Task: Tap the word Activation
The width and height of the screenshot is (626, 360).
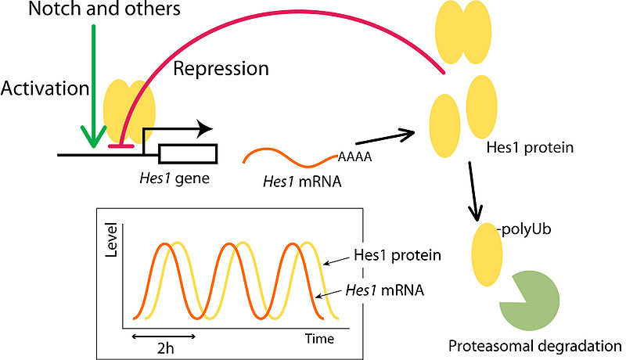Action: click(x=45, y=88)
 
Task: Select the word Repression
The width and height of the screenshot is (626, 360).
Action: click(x=220, y=69)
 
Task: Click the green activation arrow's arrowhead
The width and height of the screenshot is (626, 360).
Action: click(x=93, y=141)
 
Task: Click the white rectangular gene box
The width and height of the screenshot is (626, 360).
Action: click(x=188, y=155)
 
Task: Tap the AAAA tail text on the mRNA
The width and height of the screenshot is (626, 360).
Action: click(x=354, y=156)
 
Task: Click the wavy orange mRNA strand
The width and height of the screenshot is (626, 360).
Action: click(x=290, y=157)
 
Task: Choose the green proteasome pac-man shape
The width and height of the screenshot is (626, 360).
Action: click(x=529, y=301)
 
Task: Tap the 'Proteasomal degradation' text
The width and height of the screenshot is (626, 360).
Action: click(x=535, y=345)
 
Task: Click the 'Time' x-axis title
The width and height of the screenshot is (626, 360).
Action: click(x=319, y=339)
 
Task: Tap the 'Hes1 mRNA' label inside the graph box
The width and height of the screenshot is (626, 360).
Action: click(x=384, y=290)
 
